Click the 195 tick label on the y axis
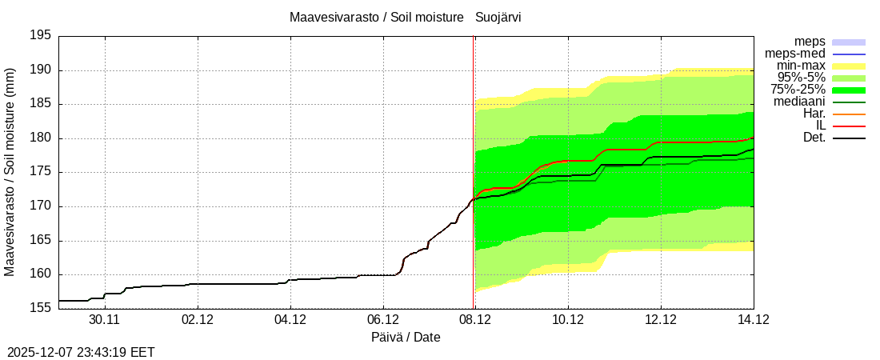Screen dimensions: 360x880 point(39,36)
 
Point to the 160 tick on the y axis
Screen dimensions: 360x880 point(39,274)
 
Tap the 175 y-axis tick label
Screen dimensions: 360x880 point(39,172)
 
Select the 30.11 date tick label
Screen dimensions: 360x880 point(105,319)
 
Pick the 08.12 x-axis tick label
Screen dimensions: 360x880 point(475,319)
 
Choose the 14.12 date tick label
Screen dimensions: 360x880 point(753,319)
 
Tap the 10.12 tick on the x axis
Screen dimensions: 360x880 point(567,319)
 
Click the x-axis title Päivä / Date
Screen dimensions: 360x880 point(406,338)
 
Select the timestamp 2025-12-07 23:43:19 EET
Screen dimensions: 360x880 point(81,352)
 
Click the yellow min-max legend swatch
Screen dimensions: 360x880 point(849,66)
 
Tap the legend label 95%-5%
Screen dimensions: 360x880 point(802,78)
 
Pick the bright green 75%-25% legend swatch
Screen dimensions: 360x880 point(849,90)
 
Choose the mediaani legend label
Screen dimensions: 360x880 point(799,102)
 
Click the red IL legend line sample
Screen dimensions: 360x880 point(849,126)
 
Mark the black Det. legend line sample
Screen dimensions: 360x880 point(849,138)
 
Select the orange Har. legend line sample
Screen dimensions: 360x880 point(849,114)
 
